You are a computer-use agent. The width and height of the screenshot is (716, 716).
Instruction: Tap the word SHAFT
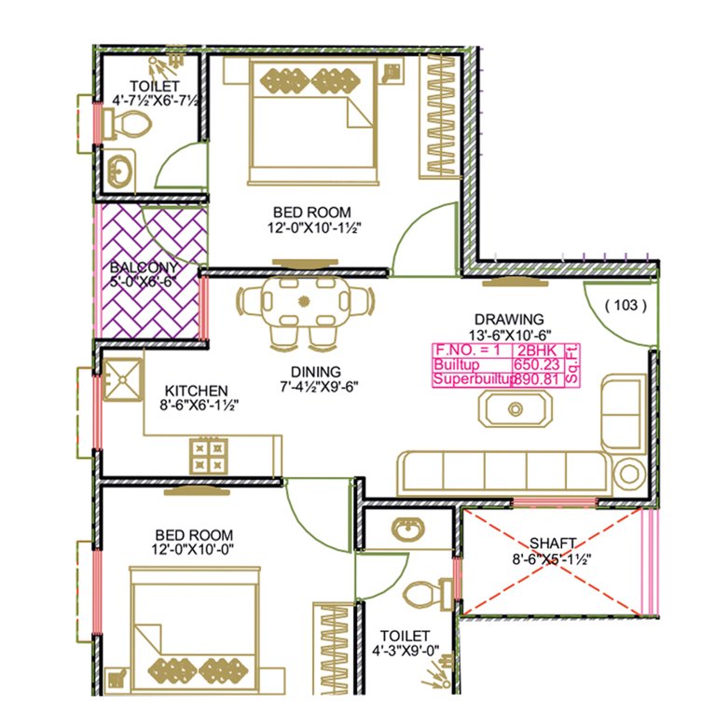tap(553, 543)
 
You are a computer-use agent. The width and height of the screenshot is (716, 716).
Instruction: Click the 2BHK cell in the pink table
tap(534, 351)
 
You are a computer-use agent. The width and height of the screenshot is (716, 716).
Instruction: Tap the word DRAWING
tap(508, 319)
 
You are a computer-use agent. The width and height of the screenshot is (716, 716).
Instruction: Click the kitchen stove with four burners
tap(209, 456)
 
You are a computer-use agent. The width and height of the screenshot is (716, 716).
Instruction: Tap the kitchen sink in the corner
tap(123, 381)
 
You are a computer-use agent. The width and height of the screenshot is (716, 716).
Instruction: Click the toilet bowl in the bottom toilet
tap(426, 593)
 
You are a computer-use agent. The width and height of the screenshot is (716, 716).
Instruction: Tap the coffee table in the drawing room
tap(513, 408)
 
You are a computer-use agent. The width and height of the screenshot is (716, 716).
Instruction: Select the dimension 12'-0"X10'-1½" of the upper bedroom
tap(312, 227)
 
